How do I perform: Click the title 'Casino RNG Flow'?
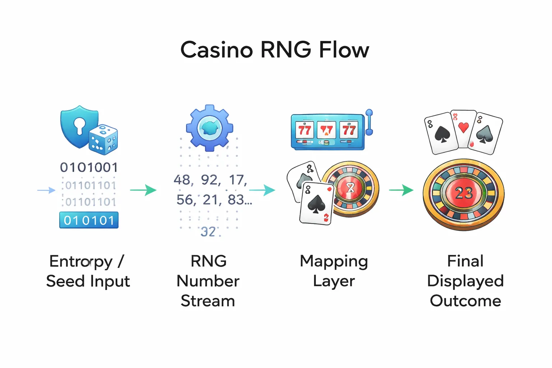[x=275, y=50]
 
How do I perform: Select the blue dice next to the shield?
[x=103, y=140]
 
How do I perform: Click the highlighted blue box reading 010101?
[x=89, y=220]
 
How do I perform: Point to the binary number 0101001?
[x=89, y=167]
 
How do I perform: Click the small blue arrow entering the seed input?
[x=46, y=190]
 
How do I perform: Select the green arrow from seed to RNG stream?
[x=143, y=190]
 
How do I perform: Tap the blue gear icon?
[x=210, y=128]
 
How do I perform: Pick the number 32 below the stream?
[x=208, y=232]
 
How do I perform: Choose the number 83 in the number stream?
[x=236, y=200]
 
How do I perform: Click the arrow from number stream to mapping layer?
[x=262, y=190]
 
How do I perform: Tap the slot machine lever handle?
[x=369, y=122]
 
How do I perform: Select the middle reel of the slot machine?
[x=326, y=130]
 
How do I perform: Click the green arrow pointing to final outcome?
[x=401, y=190]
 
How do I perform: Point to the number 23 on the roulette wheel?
[x=464, y=194]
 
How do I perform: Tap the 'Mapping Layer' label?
[x=334, y=271]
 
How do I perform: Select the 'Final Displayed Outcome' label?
[x=465, y=281]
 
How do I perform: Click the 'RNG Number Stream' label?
[x=208, y=281]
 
